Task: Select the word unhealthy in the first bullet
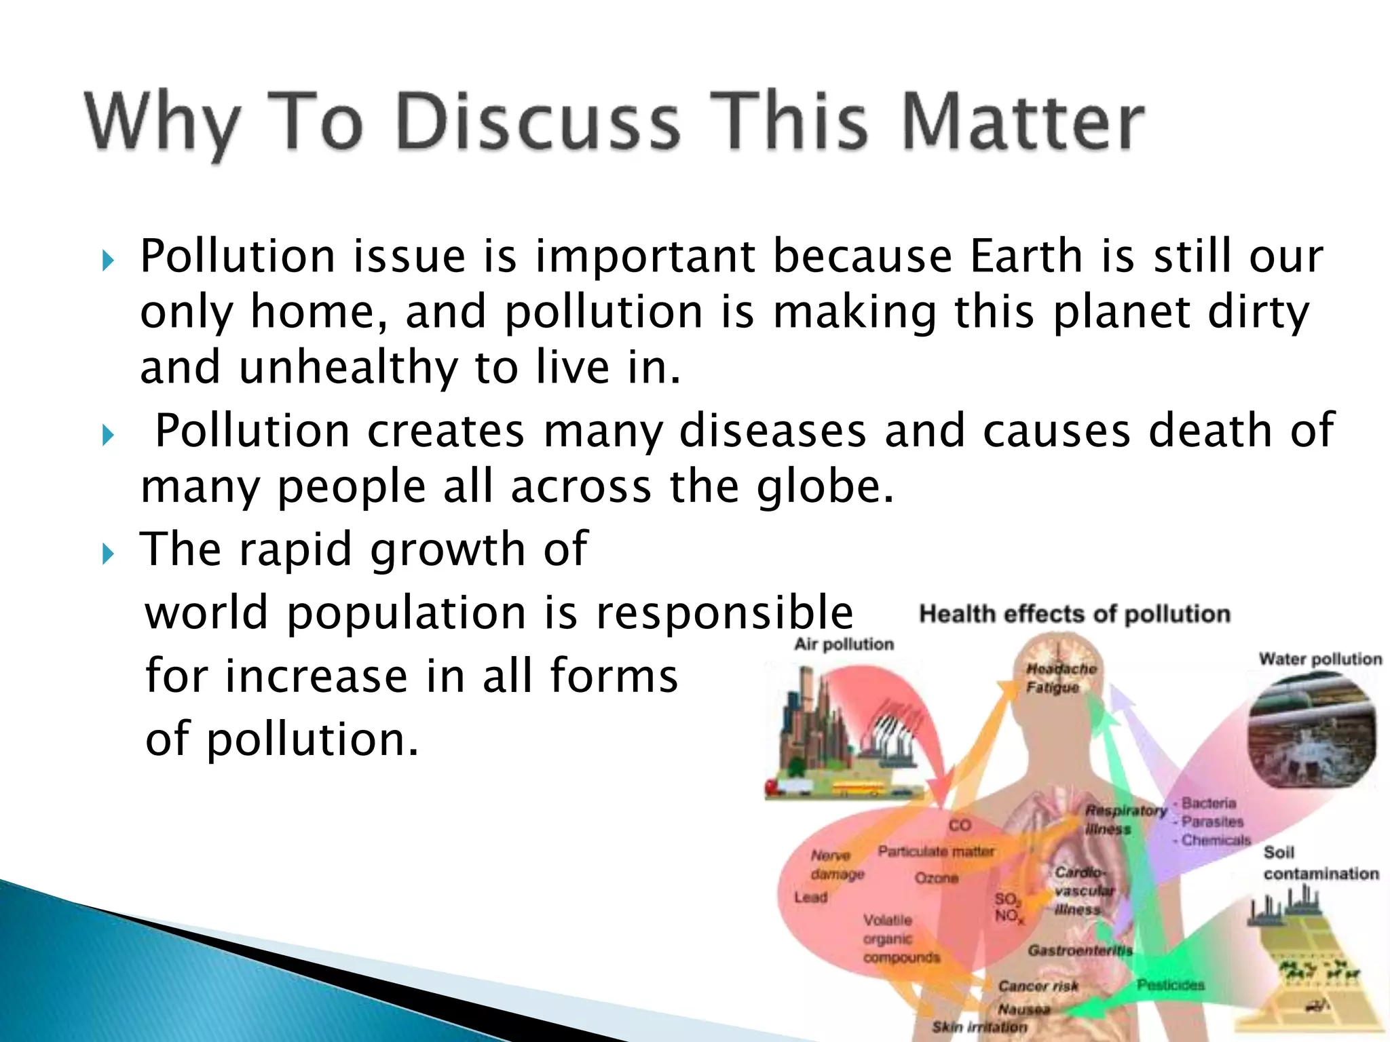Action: click(348, 368)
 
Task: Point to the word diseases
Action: click(772, 431)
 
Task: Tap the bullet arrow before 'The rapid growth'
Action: click(108, 554)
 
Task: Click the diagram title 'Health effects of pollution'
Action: click(1074, 614)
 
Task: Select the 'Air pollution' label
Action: click(844, 644)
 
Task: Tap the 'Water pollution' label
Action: click(1320, 659)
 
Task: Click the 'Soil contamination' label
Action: click(1320, 863)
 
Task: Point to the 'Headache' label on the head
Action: click(1061, 669)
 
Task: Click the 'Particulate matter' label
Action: click(936, 851)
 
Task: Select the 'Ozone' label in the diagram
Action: click(937, 878)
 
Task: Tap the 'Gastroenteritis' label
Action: click(1080, 950)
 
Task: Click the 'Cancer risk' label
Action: click(1038, 986)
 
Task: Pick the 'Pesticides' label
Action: click(1171, 984)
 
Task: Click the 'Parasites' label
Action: click(1212, 822)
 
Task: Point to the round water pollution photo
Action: click(1312, 730)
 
